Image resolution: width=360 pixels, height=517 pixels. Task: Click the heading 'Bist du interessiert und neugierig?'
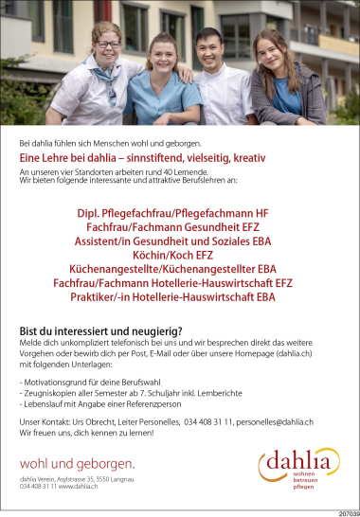(100, 330)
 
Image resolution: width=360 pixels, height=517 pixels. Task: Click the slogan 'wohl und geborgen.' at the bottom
(77, 463)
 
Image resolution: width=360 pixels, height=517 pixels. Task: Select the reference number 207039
(346, 512)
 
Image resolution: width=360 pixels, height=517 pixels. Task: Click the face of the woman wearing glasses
(108, 44)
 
